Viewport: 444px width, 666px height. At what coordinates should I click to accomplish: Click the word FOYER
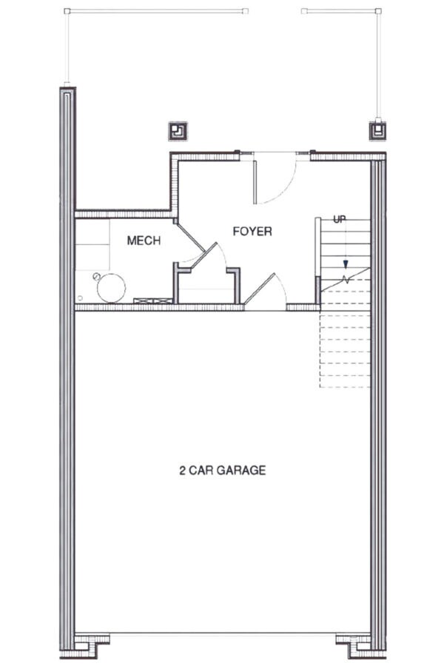(x=252, y=232)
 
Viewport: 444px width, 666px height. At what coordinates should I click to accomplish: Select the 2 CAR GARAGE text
(x=222, y=470)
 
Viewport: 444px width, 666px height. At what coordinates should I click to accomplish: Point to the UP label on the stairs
(x=340, y=219)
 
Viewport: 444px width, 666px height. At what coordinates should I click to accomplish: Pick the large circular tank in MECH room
(x=112, y=287)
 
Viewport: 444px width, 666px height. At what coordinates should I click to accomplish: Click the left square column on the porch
(x=178, y=131)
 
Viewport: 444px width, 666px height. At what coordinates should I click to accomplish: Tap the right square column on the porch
(x=377, y=130)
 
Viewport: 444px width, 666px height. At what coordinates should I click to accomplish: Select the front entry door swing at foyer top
(x=274, y=178)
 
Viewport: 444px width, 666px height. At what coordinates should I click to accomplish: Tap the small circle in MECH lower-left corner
(x=79, y=298)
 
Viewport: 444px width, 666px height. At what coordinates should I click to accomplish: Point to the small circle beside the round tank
(x=96, y=275)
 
